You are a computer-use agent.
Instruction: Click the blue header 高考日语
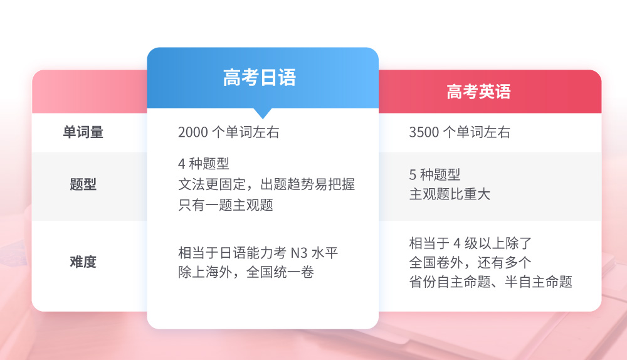260,78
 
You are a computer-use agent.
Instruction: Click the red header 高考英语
478,92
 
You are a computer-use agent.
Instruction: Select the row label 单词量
83,132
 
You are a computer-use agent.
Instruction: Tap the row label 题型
83,184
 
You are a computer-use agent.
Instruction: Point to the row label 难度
83,262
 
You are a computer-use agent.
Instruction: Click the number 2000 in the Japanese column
193,132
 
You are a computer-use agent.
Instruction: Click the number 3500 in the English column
424,132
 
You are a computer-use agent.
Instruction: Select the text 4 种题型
204,164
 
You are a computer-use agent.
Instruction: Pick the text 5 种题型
435,175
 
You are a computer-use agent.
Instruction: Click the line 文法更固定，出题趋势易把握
266,184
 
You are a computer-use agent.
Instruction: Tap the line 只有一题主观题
226,205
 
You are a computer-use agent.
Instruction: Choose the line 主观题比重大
450,194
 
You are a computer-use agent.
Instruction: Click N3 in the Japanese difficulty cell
299,253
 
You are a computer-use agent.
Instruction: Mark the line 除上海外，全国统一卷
246,272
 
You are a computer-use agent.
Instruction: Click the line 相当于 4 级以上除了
470,243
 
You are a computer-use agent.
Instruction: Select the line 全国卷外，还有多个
470,262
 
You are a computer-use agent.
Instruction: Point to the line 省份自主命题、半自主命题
491,282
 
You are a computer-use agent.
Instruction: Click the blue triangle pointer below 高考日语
263,113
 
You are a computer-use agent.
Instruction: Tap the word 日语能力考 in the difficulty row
253,253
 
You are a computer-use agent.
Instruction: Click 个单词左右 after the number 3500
477,132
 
